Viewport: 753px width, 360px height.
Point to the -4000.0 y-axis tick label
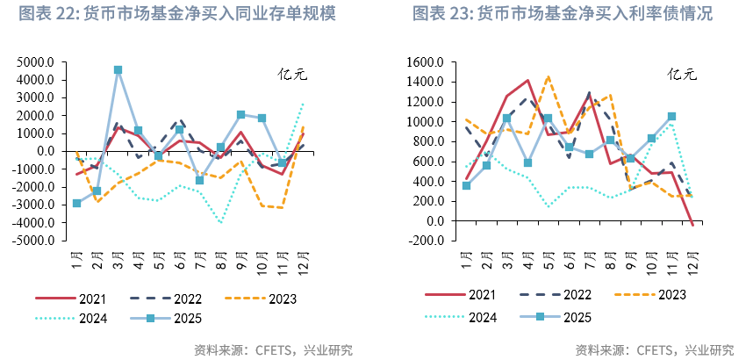pos(34,222)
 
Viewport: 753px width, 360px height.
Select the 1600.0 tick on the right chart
pos(426,62)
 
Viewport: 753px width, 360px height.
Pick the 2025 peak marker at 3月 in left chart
pos(118,69)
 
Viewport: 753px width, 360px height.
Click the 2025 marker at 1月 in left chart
pos(77,203)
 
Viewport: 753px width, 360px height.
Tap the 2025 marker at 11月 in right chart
pos(672,116)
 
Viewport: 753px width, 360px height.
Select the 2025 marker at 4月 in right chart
pos(528,162)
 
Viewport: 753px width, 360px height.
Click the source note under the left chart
pos(273,349)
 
